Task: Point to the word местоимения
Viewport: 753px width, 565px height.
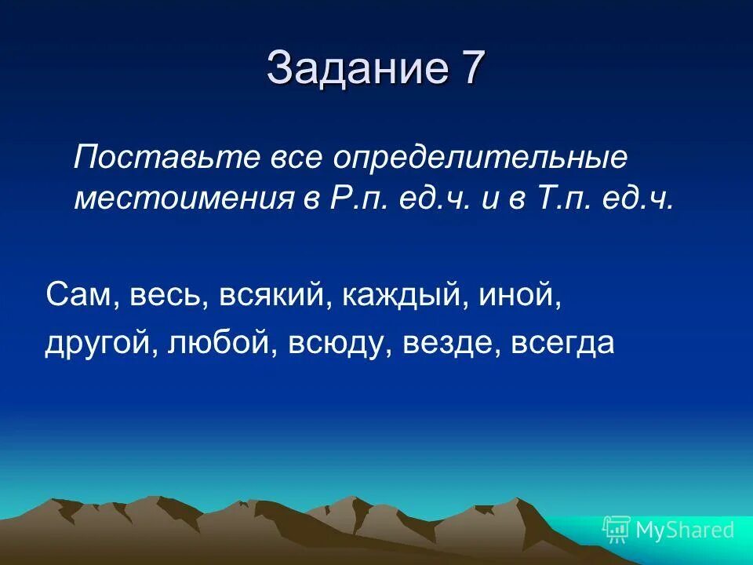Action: (x=184, y=199)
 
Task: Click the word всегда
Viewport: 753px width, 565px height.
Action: (x=562, y=344)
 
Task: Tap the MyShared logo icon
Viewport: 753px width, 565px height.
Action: (x=617, y=530)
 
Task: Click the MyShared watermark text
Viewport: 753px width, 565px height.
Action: (x=685, y=530)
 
